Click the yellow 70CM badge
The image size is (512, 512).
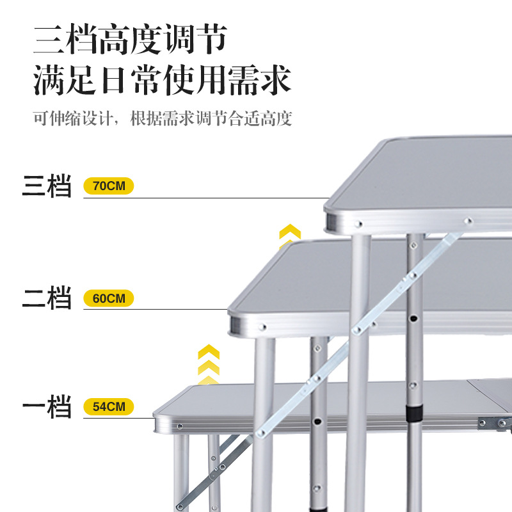coord(109,187)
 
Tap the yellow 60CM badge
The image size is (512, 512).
coord(109,298)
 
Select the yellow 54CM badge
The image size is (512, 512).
coord(109,406)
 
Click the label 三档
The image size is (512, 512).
coord(47,187)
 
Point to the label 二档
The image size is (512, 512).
coord(47,298)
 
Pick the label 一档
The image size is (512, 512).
coord(47,407)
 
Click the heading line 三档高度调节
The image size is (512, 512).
coord(131,40)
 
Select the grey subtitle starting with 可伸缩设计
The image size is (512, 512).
coord(163,119)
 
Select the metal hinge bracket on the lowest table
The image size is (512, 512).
coord(497,423)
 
